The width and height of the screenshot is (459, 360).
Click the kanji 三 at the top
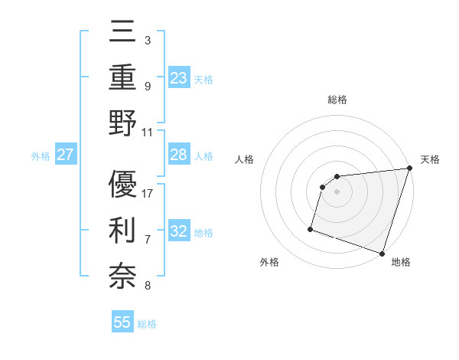[122, 34]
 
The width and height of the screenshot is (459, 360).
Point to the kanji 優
[122, 185]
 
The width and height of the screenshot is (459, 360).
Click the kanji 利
[122, 231]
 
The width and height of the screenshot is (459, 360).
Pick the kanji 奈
[122, 276]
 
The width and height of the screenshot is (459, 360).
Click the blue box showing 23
[179, 78]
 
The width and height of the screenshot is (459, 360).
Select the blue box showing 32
[179, 231]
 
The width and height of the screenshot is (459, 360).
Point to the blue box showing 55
[122, 322]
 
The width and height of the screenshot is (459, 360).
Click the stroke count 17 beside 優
[148, 193]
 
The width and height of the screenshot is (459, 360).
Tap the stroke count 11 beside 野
[148, 132]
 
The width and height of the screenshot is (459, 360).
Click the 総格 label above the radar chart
[337, 100]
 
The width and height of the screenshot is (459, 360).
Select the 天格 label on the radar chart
[430, 159]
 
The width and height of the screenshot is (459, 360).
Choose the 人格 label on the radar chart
[245, 159]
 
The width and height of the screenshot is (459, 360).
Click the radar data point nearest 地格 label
[382, 253]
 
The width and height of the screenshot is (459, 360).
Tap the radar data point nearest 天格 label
[409, 169]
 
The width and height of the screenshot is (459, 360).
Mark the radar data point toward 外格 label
[311, 228]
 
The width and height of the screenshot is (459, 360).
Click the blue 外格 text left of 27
[41, 156]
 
